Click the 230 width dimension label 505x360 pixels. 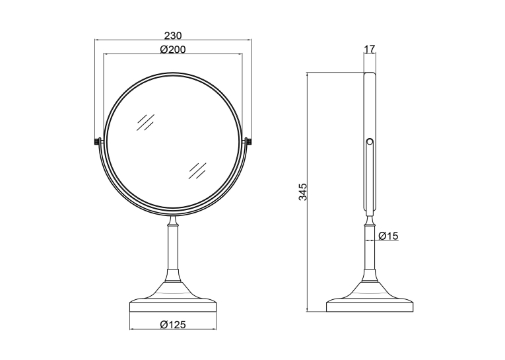pyautogui.click(x=173, y=35)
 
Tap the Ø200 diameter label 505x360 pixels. pyautogui.click(x=173, y=50)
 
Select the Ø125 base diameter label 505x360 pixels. pyautogui.click(x=173, y=324)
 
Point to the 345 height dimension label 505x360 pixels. pyautogui.click(x=303, y=192)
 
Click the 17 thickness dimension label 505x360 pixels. pyautogui.click(x=370, y=49)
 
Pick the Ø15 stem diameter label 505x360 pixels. pyautogui.click(x=388, y=236)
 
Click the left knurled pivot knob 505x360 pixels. pyautogui.click(x=97, y=141)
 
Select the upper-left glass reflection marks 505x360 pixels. pyautogui.click(x=145, y=122)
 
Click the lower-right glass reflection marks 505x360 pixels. pyautogui.click(x=197, y=170)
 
